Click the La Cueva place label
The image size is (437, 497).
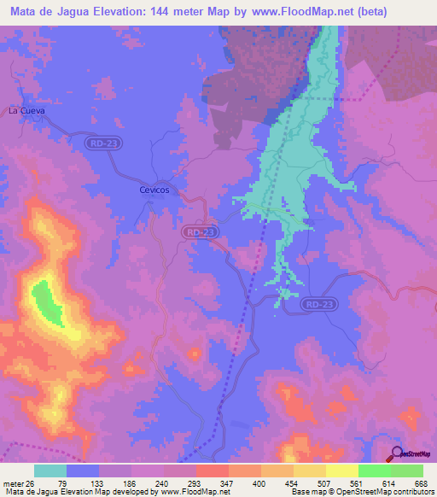[26, 111]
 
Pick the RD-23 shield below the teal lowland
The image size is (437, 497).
[319, 303]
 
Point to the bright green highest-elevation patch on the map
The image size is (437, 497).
[46, 303]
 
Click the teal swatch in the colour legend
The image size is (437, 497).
[50, 471]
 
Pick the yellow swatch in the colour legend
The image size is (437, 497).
[342, 471]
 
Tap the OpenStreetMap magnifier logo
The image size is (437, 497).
[396, 453]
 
